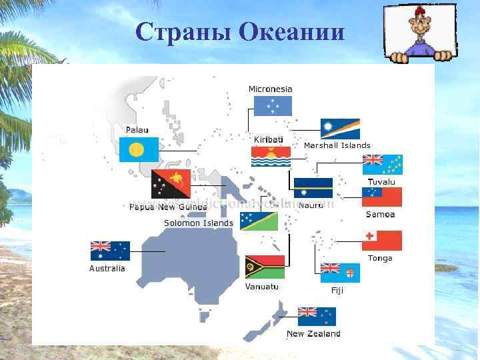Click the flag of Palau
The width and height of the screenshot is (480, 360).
pyautogui.click(x=139, y=149)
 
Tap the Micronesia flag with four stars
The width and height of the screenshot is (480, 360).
pyautogui.click(x=273, y=105)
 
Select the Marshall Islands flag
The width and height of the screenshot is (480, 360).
pyautogui.click(x=340, y=129)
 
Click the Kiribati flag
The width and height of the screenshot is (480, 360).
pyautogui.click(x=271, y=156)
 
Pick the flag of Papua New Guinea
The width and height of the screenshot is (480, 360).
pyautogui.click(x=171, y=184)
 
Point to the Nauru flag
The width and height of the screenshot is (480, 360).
pyautogui.click(x=313, y=188)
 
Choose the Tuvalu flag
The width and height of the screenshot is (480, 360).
pyautogui.click(x=382, y=165)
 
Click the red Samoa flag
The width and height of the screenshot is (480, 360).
pyautogui.click(x=382, y=197)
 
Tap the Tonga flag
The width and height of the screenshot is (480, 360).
pyautogui.click(x=382, y=241)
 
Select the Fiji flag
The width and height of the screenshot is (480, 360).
pyautogui.click(x=340, y=273)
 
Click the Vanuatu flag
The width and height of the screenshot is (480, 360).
pyautogui.click(x=265, y=267)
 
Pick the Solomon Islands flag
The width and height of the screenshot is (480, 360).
pyautogui.click(x=259, y=221)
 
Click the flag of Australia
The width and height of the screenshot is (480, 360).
pyautogui.click(x=110, y=251)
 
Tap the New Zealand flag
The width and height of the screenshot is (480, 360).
pyautogui.click(x=317, y=316)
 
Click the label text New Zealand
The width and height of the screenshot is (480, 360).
pyautogui.click(x=313, y=334)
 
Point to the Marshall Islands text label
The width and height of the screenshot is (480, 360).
pyautogui.click(x=337, y=145)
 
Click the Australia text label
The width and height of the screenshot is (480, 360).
pyautogui.click(x=107, y=269)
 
